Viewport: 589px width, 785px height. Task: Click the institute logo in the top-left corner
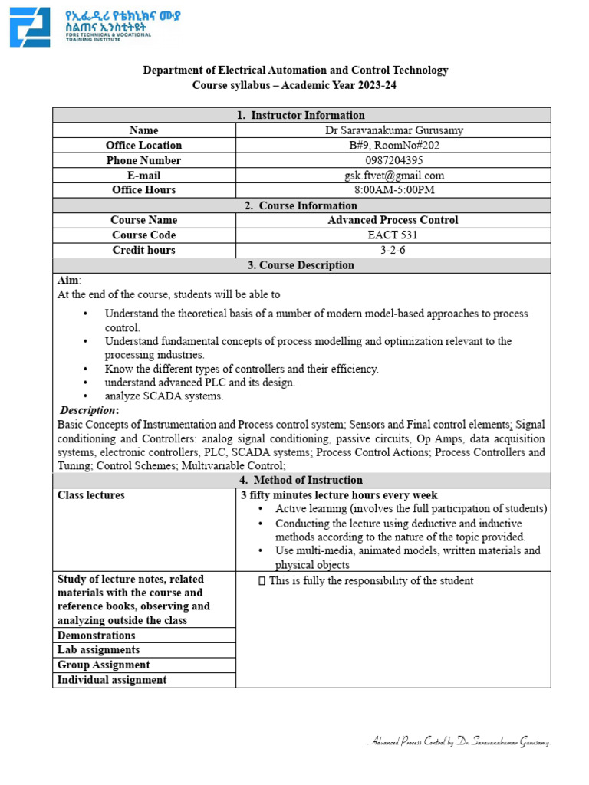30,28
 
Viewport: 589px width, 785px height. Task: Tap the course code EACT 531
393,235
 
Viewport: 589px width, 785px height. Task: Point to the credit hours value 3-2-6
393,250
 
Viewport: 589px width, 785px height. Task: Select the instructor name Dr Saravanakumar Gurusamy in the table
393,130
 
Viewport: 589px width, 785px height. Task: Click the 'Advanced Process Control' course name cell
393,220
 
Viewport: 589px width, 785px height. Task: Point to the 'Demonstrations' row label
97,635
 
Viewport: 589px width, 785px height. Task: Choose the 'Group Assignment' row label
104,665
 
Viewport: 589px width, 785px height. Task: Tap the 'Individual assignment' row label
112,679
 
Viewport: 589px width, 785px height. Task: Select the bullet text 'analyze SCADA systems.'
164,396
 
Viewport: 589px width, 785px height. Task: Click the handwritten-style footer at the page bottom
459,742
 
